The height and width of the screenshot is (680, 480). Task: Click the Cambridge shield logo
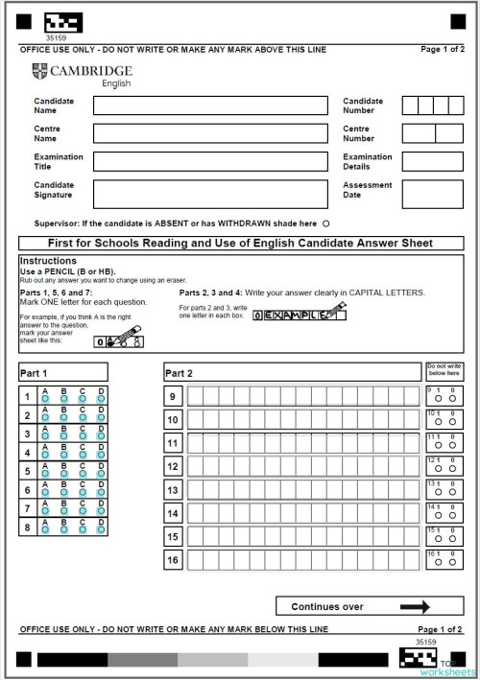coord(38,70)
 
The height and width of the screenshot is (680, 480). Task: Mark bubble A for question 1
coord(44,399)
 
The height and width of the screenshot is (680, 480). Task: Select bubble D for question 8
coord(101,528)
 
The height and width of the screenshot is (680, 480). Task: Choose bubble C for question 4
coord(83,455)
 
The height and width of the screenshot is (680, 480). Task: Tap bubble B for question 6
coord(63,491)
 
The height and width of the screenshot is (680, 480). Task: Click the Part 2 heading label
coord(180,372)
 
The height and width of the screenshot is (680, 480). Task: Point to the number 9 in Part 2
coord(173,397)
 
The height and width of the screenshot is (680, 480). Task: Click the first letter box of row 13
coord(195,490)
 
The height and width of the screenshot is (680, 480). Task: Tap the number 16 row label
coord(173,560)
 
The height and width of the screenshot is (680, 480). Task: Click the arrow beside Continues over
coord(416,606)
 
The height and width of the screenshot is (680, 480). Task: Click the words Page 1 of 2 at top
coord(443,48)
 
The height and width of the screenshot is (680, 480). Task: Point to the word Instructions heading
coord(48,261)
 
